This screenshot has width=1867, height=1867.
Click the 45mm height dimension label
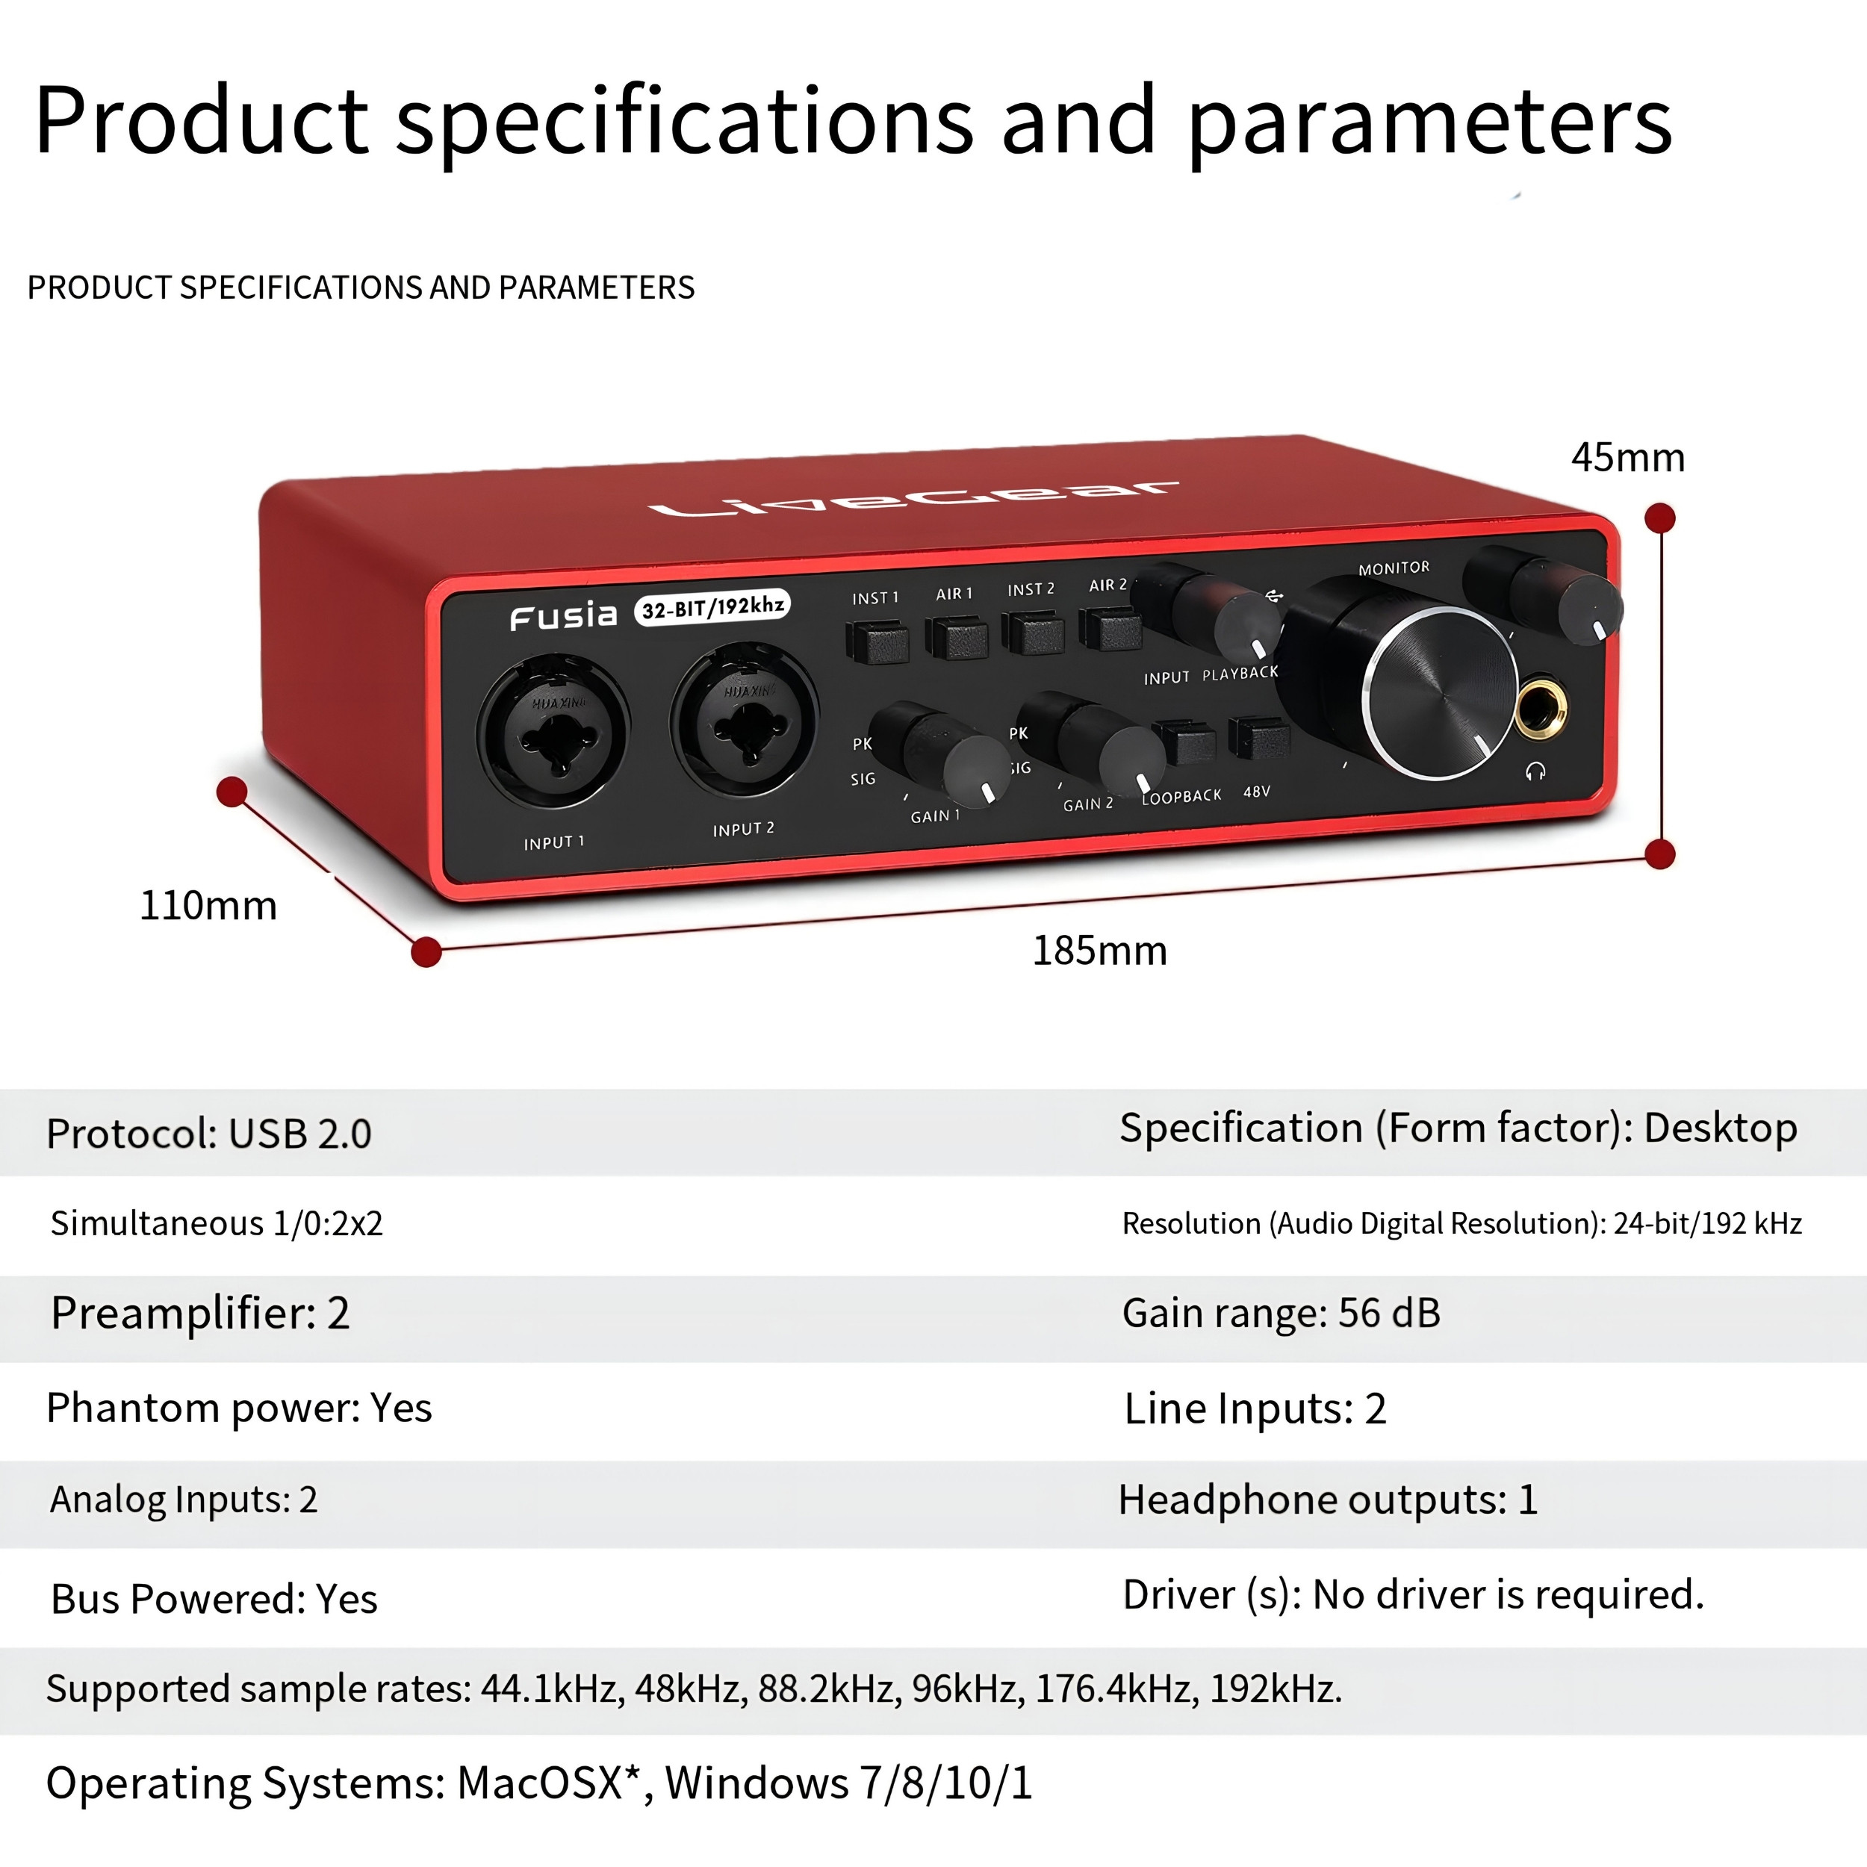(1627, 458)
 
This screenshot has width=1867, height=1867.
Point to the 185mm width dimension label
(1100, 951)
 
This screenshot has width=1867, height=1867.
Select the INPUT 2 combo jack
(744, 720)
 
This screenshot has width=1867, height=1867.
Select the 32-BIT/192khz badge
(713, 608)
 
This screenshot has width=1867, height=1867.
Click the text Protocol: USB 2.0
(209, 1134)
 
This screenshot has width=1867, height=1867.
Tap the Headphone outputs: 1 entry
(1328, 1500)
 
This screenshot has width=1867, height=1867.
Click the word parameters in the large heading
(1430, 122)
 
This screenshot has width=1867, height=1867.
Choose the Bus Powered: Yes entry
(214, 1600)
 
